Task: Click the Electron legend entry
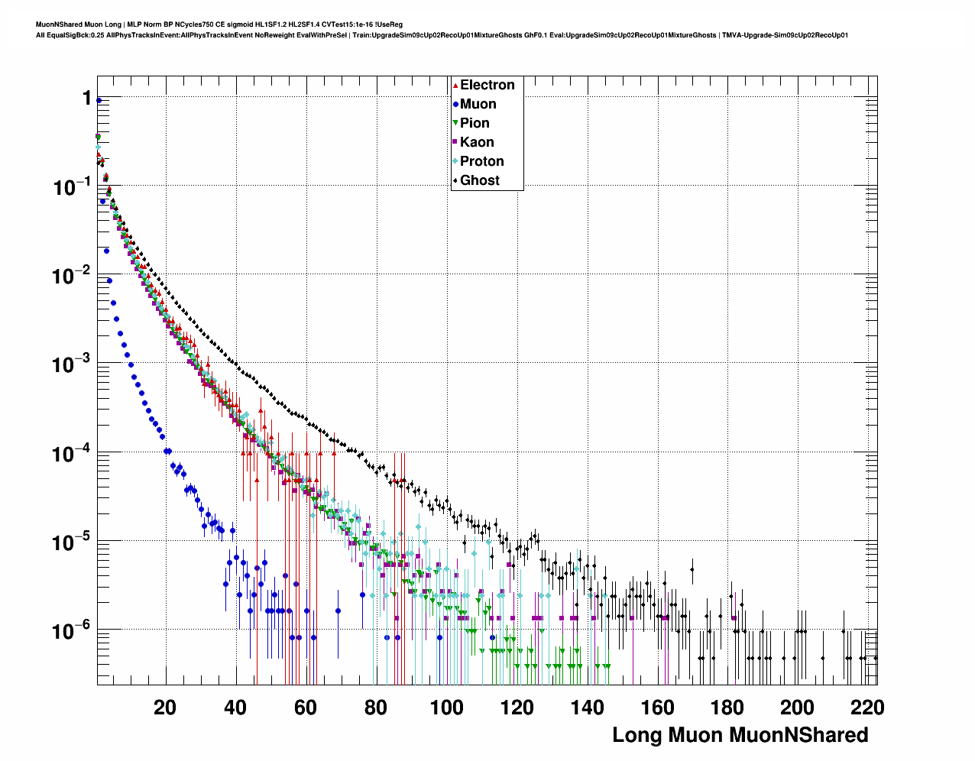[487, 85]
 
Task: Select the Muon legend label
[478, 104]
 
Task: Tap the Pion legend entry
[475, 123]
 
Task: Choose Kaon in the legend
[477, 142]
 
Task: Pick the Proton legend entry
[481, 161]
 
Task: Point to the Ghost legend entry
[479, 180]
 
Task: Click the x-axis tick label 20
[164, 708]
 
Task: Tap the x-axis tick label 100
[446, 708]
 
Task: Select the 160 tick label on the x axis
[657, 708]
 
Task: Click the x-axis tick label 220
[868, 708]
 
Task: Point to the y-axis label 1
[87, 99]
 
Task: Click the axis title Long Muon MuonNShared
[740, 735]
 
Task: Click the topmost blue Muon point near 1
[99, 100]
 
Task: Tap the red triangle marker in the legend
[455, 85]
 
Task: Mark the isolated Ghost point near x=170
[692, 569]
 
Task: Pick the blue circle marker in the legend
[455, 104]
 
